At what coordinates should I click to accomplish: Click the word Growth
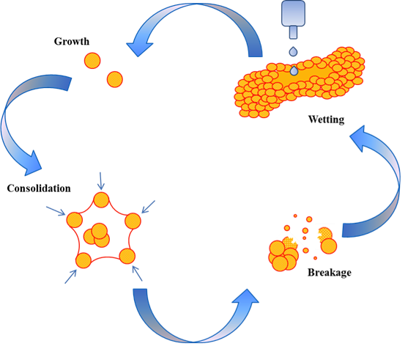[x=72, y=41]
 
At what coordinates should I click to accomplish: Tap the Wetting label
[x=326, y=120]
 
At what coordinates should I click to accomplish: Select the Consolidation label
[x=39, y=188]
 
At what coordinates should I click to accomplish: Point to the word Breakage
[x=330, y=273]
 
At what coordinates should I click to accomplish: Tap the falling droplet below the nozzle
[x=293, y=51]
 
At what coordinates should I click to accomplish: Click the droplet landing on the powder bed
[x=294, y=70]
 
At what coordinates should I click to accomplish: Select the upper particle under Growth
[x=92, y=61]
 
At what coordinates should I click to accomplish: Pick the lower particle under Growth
[x=115, y=79]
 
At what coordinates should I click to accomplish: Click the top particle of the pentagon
[x=101, y=200]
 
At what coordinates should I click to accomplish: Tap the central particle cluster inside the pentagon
[x=97, y=235]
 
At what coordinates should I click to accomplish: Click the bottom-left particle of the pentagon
[x=84, y=260]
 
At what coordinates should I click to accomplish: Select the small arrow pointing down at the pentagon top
[x=100, y=181]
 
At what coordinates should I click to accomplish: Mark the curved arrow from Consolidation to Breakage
[x=194, y=339]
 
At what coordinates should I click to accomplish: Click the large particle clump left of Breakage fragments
[x=283, y=256]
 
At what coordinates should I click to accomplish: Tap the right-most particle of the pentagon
[x=133, y=221]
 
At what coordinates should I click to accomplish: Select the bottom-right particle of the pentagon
[x=127, y=256]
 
